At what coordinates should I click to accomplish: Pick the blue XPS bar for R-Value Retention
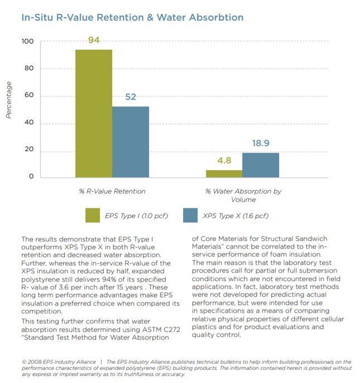tap(131, 142)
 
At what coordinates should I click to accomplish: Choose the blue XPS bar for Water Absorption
tap(261, 165)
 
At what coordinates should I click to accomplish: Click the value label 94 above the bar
tap(94, 40)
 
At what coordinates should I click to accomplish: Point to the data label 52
tap(131, 96)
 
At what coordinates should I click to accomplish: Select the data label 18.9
tap(261, 143)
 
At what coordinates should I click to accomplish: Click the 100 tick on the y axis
tap(27, 42)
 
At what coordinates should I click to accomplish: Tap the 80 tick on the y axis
tap(28, 69)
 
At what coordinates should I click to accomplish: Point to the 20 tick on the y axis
tap(28, 150)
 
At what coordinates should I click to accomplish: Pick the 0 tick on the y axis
tap(31, 177)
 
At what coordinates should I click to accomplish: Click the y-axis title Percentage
tap(9, 100)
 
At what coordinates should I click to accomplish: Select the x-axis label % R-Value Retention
tap(112, 191)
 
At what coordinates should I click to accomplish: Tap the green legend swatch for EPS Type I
tap(92, 215)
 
